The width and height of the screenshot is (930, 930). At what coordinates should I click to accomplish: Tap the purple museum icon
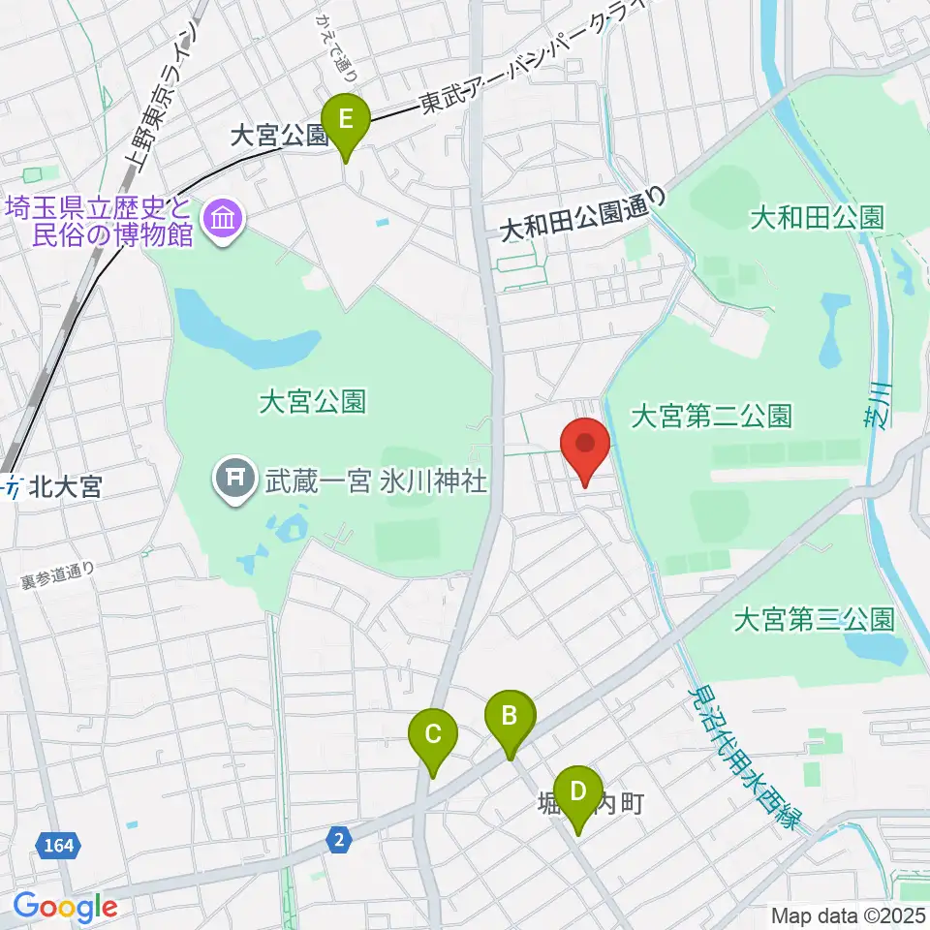tap(224, 220)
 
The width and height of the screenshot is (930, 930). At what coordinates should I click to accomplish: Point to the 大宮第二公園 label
tap(711, 418)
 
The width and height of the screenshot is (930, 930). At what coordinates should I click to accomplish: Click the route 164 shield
tap(59, 846)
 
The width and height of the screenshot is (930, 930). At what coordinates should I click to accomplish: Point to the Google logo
tap(64, 908)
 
